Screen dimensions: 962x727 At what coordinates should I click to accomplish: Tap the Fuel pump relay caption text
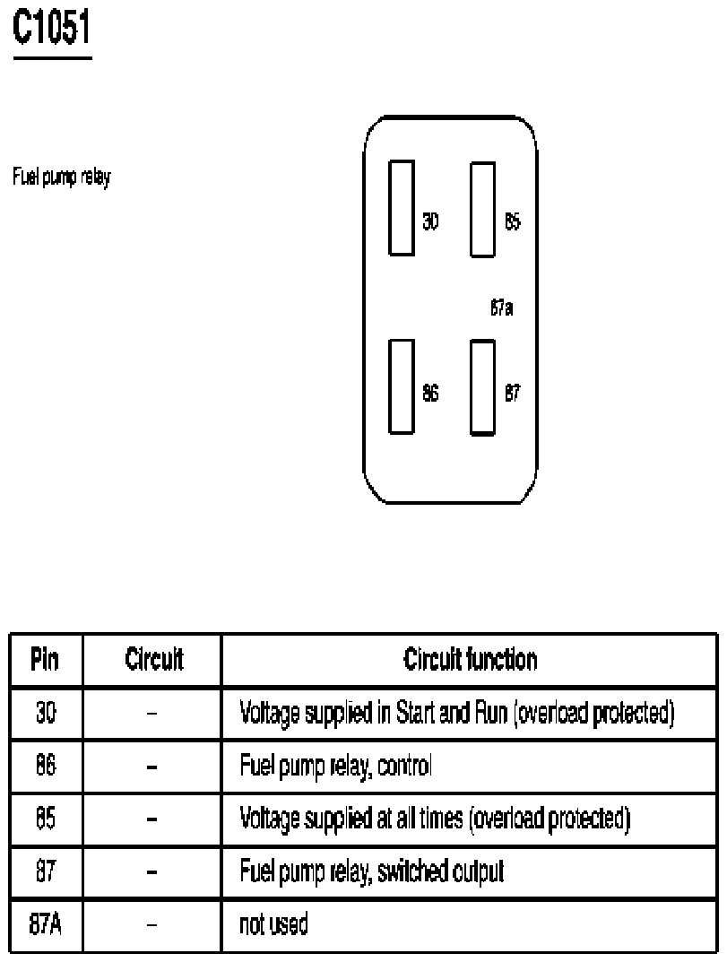click(x=61, y=178)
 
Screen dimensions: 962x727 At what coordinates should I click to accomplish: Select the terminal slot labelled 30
click(x=402, y=208)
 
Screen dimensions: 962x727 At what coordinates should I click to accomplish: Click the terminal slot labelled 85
click(x=483, y=209)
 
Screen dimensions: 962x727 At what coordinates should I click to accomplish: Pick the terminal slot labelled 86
click(x=402, y=386)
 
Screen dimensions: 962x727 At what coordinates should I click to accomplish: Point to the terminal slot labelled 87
click(x=483, y=386)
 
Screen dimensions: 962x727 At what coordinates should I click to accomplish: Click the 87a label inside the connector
click(x=501, y=309)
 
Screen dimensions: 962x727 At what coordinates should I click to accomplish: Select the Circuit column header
click(x=152, y=661)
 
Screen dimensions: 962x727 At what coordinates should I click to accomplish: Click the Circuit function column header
click(x=470, y=661)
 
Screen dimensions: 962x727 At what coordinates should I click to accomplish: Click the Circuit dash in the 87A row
click(x=152, y=924)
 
